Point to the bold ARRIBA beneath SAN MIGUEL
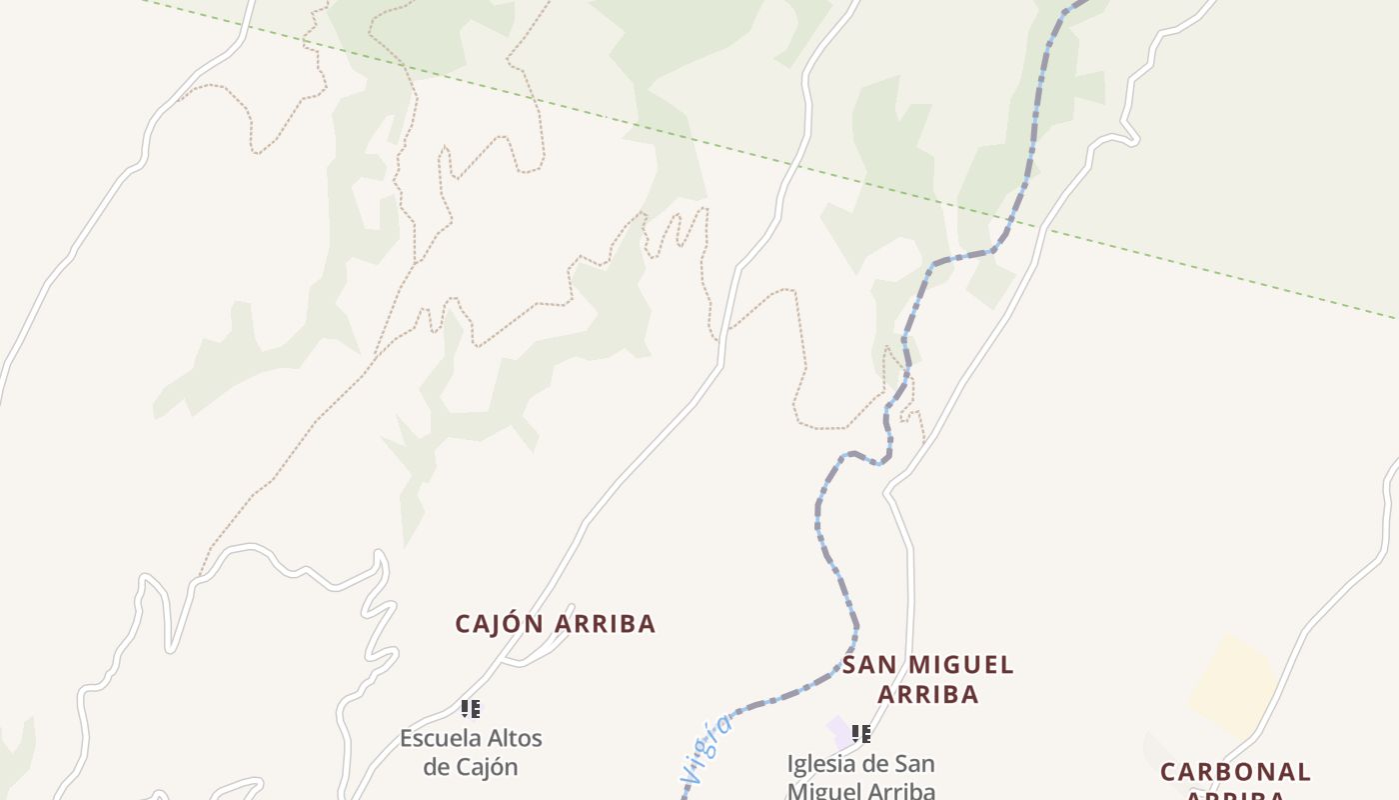[x=927, y=695]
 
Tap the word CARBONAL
[x=1235, y=772]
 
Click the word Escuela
[x=440, y=739]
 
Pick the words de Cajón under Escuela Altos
[x=471, y=767]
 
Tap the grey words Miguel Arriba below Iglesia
[x=861, y=791]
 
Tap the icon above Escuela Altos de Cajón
[x=471, y=709]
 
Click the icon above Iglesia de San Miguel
[x=860, y=734]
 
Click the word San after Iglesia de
[x=913, y=764]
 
